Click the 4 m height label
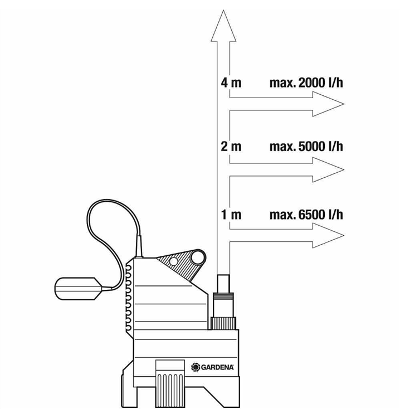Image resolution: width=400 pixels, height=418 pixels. [x=231, y=83]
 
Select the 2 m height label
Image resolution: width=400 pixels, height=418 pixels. [x=231, y=147]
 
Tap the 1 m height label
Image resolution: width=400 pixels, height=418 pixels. [x=231, y=215]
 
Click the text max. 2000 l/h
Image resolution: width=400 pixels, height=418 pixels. [x=306, y=83]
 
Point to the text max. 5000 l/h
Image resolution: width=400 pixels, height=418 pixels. [x=306, y=147]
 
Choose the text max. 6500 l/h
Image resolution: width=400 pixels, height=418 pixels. [x=306, y=215]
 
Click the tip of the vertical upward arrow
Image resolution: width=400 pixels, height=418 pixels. [x=223, y=11]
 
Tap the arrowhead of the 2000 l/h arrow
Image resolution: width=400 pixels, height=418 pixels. [x=328, y=104]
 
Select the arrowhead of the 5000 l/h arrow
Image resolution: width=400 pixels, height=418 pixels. [x=328, y=169]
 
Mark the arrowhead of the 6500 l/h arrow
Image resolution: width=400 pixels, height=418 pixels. [x=328, y=236]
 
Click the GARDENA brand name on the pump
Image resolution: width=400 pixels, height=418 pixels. [x=217, y=367]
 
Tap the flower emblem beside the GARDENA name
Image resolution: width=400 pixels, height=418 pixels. [x=196, y=367]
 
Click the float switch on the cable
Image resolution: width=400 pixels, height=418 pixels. [x=78, y=289]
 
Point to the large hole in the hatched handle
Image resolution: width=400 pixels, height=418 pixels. [x=197, y=257]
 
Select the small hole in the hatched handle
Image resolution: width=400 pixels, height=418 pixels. [x=173, y=261]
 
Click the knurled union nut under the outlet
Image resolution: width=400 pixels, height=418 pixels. [x=223, y=323]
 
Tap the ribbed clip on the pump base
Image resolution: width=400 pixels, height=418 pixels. [x=170, y=383]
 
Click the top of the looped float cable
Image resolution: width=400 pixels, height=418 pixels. [x=113, y=200]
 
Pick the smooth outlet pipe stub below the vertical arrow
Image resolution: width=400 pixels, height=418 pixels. [x=223, y=284]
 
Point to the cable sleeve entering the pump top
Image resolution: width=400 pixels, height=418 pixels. [x=139, y=246]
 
